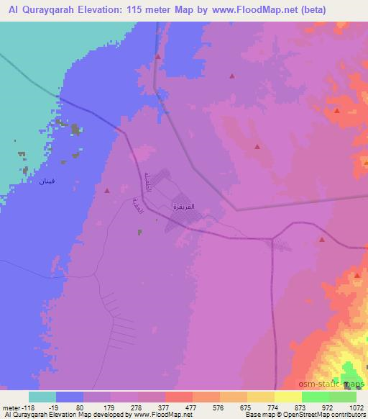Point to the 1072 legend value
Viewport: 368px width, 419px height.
click(355, 407)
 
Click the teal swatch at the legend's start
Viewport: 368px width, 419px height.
click(42, 397)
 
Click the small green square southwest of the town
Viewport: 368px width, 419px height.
click(139, 231)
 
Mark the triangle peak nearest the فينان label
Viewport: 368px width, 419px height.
click(107, 191)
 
